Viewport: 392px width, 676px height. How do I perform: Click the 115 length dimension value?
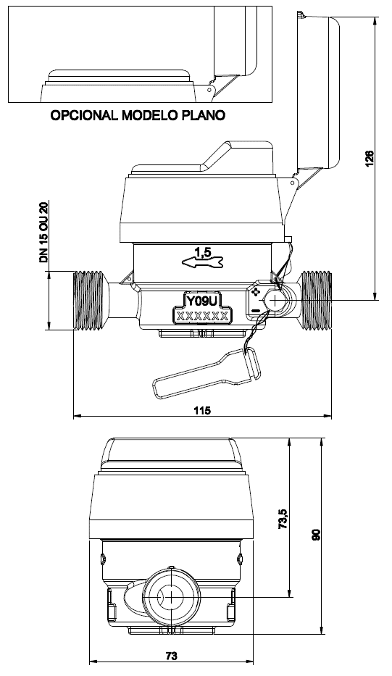pos(202,410)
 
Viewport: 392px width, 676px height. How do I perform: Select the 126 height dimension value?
pos(370,158)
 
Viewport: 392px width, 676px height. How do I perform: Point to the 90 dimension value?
pos(315,535)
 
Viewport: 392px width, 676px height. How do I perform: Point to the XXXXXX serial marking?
pos(202,316)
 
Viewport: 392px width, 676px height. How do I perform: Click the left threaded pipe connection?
pos(91,301)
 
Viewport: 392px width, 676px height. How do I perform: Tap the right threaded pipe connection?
pos(316,301)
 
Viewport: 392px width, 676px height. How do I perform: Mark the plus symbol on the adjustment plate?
pos(256,292)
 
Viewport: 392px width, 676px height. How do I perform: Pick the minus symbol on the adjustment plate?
pos(257,310)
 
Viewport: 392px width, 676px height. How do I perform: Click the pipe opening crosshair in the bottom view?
pos(172,597)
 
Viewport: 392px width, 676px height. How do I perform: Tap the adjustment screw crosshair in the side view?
pos(275,300)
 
